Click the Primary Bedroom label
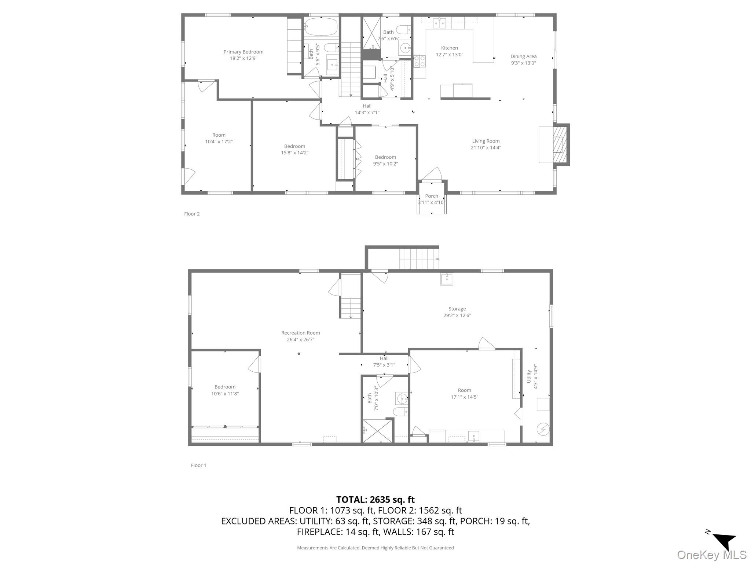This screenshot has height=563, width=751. click(243, 52)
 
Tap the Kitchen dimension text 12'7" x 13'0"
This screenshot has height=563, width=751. click(449, 55)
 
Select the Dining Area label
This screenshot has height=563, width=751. click(523, 56)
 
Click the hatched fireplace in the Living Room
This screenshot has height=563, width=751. click(560, 145)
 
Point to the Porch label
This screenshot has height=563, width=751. click(432, 196)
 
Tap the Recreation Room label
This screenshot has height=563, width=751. click(300, 333)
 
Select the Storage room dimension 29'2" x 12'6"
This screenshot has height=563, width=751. click(457, 315)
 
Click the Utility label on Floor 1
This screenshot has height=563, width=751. click(529, 376)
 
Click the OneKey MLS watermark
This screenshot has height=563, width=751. click(711, 555)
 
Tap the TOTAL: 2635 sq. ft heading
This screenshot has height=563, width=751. click(375, 500)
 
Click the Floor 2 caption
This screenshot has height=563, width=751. click(192, 214)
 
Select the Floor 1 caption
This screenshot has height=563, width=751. click(198, 466)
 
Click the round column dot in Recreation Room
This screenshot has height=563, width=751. click(299, 354)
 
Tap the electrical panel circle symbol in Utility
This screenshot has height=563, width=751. click(543, 428)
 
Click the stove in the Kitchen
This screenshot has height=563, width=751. click(420, 61)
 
